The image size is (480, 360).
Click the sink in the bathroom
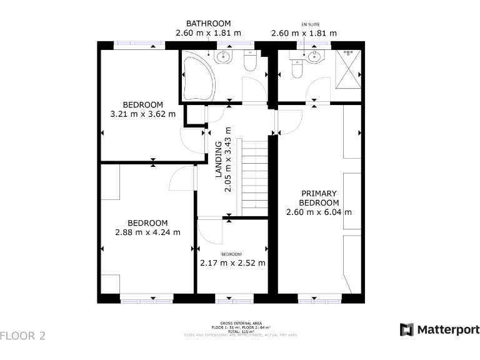(223, 58)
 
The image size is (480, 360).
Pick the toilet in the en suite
(297, 69)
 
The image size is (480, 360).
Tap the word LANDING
(219, 159)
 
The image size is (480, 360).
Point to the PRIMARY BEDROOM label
(319, 198)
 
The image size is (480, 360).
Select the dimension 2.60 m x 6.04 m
(319, 212)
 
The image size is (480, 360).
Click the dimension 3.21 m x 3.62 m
(142, 114)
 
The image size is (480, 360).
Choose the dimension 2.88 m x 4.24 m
(147, 232)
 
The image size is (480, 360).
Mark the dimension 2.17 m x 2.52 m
(232, 263)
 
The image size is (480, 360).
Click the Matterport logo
(439, 329)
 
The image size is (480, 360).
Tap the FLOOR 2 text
(23, 336)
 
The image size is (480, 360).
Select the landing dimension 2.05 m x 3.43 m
(229, 159)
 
